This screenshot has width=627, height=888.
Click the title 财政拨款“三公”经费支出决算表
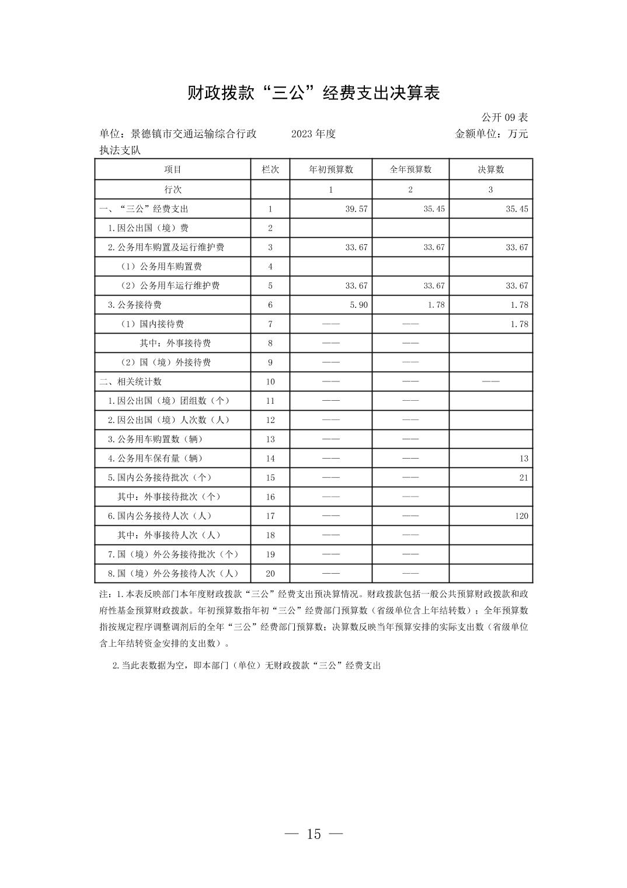click(x=313, y=93)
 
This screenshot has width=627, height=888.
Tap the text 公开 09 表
click(x=504, y=117)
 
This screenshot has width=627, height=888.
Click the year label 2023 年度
click(x=313, y=134)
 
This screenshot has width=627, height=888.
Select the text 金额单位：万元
click(x=491, y=134)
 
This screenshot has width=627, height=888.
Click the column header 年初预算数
click(x=330, y=169)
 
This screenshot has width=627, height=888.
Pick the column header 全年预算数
click(x=410, y=169)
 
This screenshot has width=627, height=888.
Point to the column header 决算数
click(x=490, y=169)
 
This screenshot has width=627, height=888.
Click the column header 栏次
click(x=270, y=169)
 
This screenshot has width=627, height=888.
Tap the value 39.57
click(x=356, y=209)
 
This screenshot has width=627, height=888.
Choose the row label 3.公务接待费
click(x=134, y=305)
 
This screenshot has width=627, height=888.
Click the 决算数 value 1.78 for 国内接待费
click(x=519, y=324)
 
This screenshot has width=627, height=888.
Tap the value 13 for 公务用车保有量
click(x=523, y=459)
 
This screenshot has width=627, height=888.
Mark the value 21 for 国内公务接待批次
click(x=523, y=478)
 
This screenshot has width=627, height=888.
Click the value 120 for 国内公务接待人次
click(x=521, y=516)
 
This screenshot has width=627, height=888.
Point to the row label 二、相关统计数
click(x=130, y=381)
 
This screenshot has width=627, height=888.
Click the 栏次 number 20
click(x=270, y=574)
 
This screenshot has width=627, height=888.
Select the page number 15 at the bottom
click(x=313, y=834)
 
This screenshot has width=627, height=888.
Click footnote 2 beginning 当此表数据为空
click(x=246, y=665)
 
